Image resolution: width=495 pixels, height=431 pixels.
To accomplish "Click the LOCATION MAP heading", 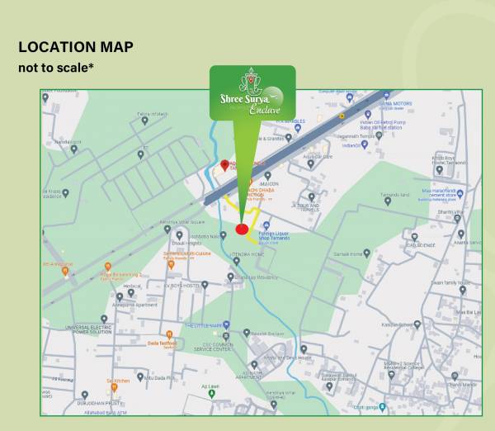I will point(76,47).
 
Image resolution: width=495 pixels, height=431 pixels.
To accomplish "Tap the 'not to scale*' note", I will point(55,67).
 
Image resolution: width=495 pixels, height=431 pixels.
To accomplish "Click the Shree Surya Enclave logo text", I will point(252,102).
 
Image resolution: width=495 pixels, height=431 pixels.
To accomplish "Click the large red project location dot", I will point(242,229).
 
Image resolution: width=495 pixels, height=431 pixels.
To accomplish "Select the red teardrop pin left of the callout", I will point(224,165).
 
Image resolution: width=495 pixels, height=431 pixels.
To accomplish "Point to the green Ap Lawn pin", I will point(211,392).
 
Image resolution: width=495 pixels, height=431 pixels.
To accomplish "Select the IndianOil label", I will point(352,144).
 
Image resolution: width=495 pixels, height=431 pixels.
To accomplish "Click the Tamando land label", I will point(396,195).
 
